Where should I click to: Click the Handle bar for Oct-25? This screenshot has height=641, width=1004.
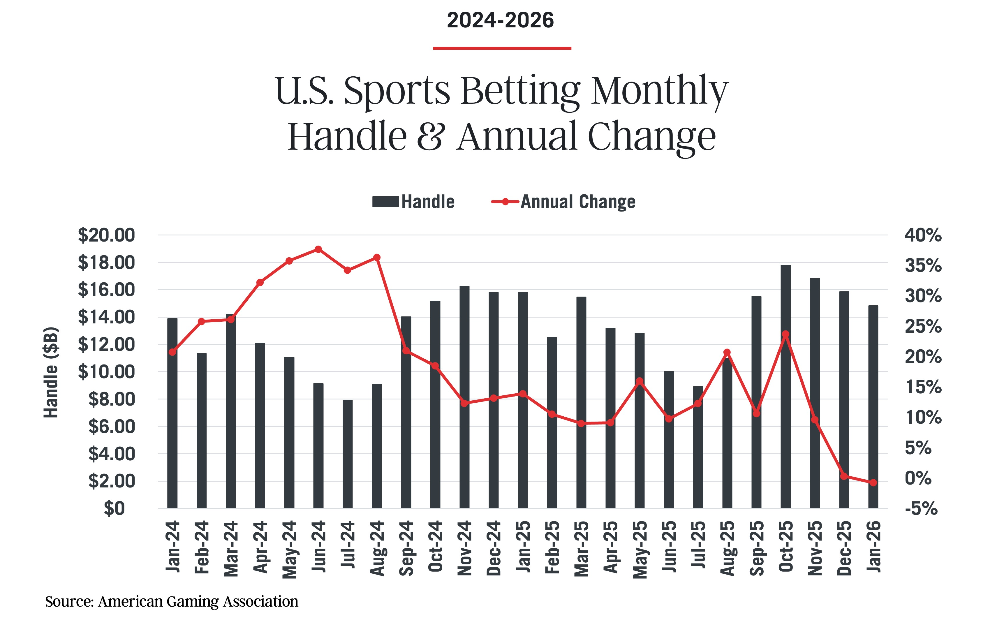pos(785,388)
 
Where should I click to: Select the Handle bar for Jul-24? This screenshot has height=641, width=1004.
pos(347,455)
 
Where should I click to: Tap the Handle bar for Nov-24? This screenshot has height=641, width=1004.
pos(464,396)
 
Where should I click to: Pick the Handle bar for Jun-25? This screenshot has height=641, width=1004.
pos(669,440)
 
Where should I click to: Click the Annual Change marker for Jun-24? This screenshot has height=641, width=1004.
pos(318,249)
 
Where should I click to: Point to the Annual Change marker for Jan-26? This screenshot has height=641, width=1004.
pos(873,482)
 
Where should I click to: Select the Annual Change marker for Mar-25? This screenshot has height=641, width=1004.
pos(581,423)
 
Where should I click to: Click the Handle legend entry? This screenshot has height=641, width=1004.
pos(413,202)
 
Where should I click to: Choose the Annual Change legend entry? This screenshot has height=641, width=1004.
pos(563,202)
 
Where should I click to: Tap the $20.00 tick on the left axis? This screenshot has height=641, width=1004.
pos(106,235)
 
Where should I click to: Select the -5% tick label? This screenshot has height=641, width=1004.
pos(921,509)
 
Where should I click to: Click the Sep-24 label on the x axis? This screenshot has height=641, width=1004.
pos(406,548)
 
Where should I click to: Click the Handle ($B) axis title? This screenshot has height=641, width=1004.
pos(51,372)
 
